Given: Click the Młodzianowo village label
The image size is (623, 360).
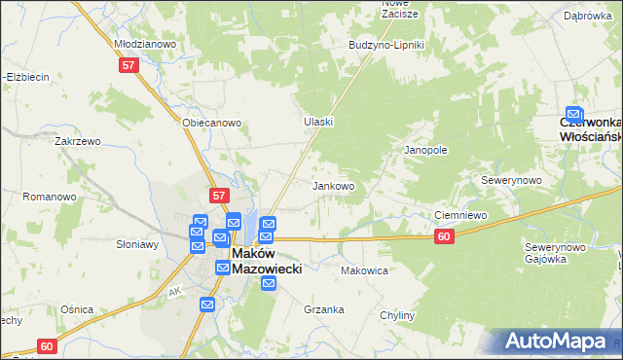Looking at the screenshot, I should pos(144,44).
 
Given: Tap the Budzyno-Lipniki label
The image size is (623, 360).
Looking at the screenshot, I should pos(386,46).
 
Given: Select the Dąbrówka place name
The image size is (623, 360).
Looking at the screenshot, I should pos(587,16).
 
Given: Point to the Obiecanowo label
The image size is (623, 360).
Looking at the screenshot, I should pos(211,124).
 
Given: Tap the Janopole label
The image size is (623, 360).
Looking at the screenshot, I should pos(425,151).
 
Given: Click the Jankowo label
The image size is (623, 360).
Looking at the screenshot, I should pos(332,186).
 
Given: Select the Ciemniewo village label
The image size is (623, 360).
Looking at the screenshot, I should pos(459,215).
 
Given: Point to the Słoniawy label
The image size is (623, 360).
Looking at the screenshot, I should pos(137,244).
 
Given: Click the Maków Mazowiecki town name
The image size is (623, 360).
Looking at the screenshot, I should pos(266,259).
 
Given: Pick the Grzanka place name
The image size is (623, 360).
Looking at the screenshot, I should pos(324,310).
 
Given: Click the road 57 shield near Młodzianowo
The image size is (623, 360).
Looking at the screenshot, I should pos(129,65).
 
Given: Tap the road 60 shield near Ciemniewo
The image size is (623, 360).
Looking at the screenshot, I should pos(444,236).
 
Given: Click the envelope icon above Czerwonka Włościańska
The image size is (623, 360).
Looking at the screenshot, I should pos(575,114).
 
